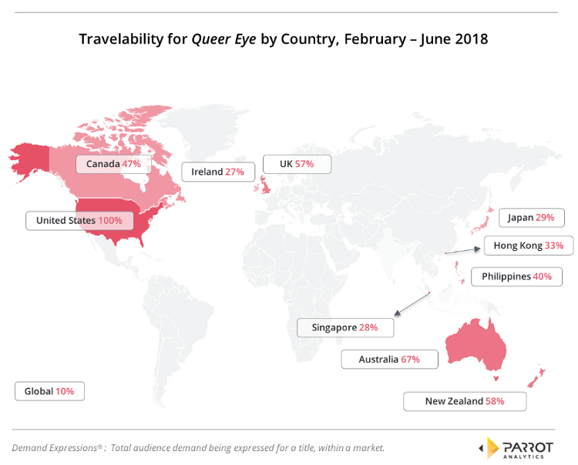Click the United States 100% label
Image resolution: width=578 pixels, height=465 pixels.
coord(79,220)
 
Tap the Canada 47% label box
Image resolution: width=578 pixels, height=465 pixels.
coord(113,164)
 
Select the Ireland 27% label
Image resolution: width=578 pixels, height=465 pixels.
coord(217,172)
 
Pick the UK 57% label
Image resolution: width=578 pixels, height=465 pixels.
coord(297,164)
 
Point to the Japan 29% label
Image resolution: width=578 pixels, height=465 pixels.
coord(531,218)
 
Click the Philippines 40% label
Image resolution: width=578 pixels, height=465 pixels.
coord(516,276)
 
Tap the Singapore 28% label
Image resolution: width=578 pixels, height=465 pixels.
coord(344,327)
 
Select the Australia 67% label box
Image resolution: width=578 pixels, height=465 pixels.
coord(389,359)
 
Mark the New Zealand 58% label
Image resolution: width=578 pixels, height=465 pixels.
coord(465,401)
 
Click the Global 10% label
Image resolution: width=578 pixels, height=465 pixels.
coord(49,391)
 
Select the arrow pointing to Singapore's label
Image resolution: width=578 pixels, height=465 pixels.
coord(412,303)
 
